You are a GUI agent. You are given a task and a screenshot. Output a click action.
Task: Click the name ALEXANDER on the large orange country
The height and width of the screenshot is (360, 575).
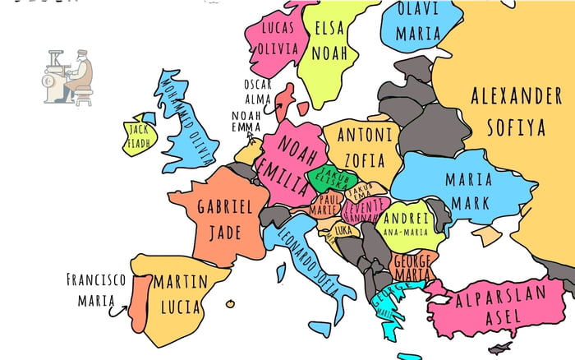516,95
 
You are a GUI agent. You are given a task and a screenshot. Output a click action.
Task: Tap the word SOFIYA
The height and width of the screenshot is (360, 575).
516,127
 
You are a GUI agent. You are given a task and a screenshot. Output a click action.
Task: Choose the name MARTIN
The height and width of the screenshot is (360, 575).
180,282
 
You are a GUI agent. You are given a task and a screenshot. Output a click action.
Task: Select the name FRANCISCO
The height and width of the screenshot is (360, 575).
96,279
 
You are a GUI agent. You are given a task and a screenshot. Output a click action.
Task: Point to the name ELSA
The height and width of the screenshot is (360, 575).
329,27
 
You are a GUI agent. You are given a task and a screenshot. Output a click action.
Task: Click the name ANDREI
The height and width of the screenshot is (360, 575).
406,219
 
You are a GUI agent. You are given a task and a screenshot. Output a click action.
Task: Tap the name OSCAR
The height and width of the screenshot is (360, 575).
257,84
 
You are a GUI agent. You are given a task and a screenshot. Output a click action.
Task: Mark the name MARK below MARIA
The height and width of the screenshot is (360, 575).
468,202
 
